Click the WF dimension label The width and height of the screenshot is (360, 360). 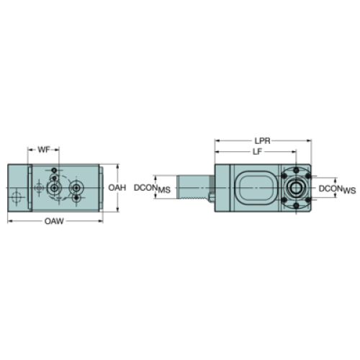coord(44,150)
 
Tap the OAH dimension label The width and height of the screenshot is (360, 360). coord(117,188)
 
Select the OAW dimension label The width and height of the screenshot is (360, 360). coord(54,221)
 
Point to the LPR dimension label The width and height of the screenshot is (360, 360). coord(262,141)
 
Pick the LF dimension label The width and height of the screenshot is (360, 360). coord(257,152)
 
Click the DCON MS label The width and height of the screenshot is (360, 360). coord(152,189)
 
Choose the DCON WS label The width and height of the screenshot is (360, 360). coord(337,189)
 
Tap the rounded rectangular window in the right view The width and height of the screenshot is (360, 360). coord(256,188)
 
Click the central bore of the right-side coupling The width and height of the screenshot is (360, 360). coord(296,188)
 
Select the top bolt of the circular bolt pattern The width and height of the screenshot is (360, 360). coord(296,171)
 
